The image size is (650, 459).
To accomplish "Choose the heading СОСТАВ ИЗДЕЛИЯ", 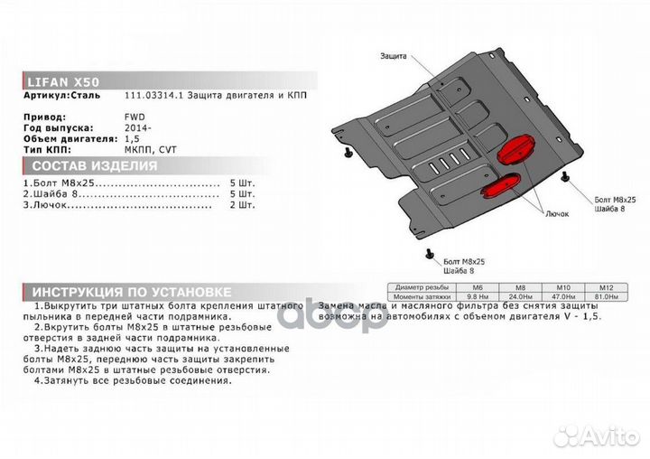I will click(x=95, y=167).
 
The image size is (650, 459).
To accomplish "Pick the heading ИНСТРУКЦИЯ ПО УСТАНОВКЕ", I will click(x=131, y=293).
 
